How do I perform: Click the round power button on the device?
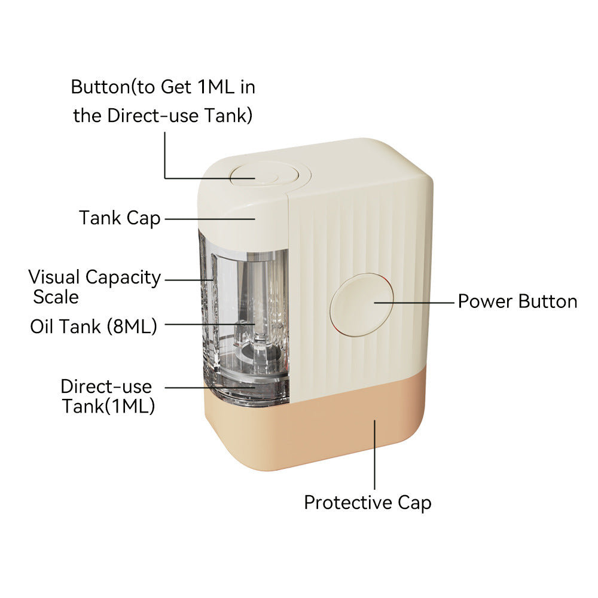pos(362,304)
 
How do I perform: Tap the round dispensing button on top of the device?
pos(265,175)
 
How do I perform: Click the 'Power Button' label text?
pos(517,301)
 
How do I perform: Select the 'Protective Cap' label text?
pos(368,502)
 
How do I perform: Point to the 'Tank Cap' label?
pos(120,218)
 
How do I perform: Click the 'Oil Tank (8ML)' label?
pos(93,327)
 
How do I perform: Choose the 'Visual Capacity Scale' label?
pos(94,287)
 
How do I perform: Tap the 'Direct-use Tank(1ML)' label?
pos(108,396)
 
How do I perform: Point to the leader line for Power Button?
pos(414,303)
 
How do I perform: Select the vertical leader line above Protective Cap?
pos(374,454)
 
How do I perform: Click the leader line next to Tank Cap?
pos(210,219)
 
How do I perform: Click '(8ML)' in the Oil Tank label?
pos(132,327)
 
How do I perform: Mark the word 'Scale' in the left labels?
pos(56,297)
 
